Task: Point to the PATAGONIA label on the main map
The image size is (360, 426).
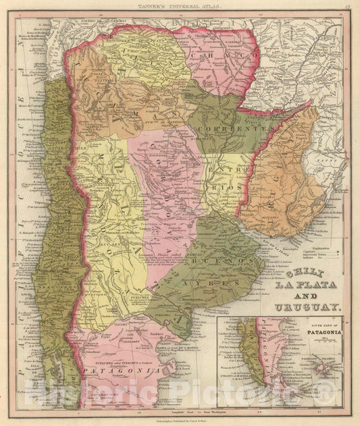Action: point(105,371)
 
